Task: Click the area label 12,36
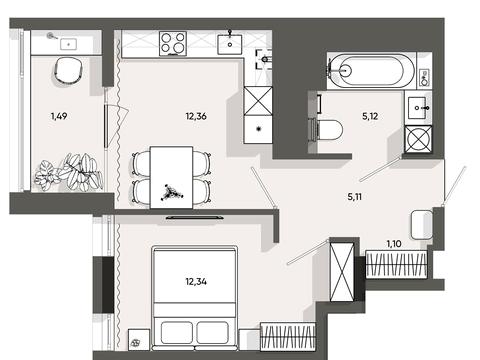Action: point(196,116)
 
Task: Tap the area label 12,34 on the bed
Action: point(196,282)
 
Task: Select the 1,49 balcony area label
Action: point(59,116)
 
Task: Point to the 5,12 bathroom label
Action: point(370,116)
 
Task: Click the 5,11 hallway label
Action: point(355,197)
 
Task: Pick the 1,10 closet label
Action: point(394,244)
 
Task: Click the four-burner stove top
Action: point(173,43)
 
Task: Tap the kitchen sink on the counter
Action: point(230,44)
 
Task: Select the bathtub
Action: point(371,71)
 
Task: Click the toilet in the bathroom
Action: point(327,130)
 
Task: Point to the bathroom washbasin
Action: point(417,108)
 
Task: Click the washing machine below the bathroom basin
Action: point(418,139)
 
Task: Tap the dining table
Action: point(171,177)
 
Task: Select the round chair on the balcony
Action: point(69,70)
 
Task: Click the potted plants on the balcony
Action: point(68,172)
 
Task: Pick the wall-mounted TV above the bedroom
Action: point(195,218)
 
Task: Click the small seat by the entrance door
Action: point(422,225)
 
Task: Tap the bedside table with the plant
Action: point(139,340)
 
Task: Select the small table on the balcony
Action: point(69,44)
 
